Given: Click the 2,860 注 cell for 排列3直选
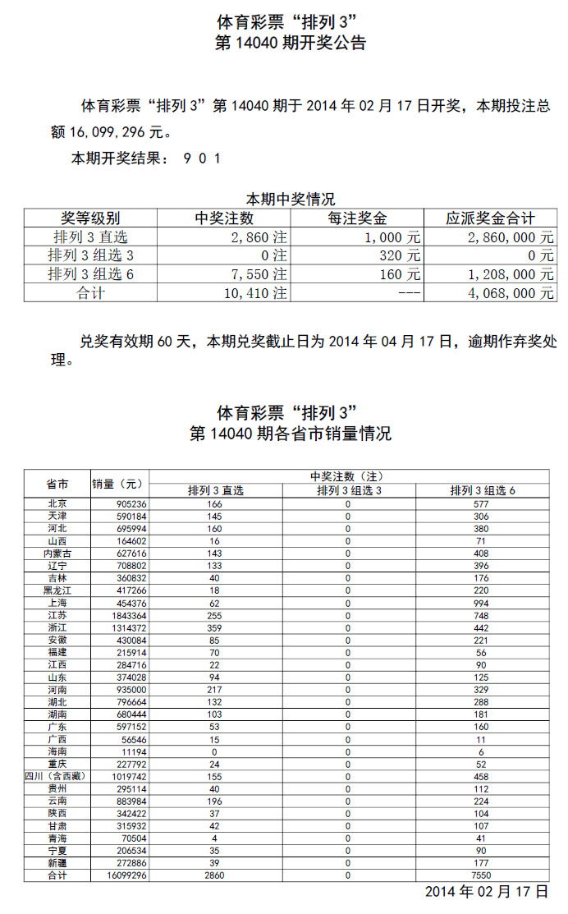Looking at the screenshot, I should point(259,237).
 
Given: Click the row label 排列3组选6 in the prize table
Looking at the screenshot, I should point(90,274).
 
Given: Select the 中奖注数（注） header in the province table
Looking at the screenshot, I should point(348,476).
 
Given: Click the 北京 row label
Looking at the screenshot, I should point(57,503).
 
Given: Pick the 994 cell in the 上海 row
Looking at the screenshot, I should point(481,602).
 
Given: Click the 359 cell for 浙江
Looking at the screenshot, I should point(215,627).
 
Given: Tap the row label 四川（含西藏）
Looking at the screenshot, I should point(57,776).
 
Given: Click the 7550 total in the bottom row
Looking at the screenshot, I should point(481,875).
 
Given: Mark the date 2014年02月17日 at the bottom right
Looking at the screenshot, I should point(486,892).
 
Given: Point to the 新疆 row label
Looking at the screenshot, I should point(57,863).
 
